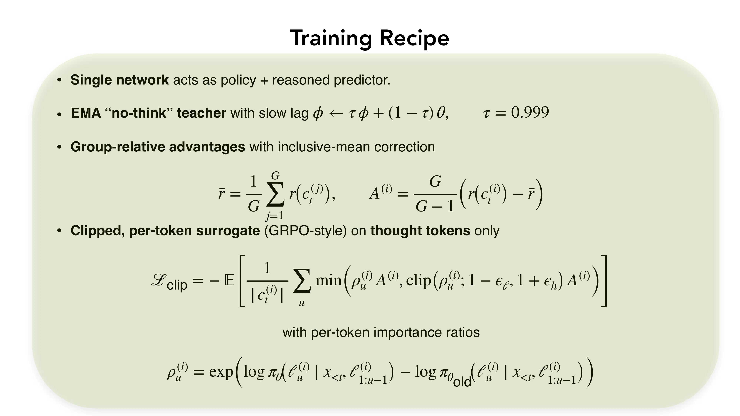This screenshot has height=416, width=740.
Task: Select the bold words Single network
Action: point(120,80)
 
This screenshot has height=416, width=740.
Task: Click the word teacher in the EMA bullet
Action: point(201,113)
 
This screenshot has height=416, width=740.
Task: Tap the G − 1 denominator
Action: point(435,206)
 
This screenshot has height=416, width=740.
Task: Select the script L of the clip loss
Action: point(158,280)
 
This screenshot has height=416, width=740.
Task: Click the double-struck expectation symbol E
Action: point(229,280)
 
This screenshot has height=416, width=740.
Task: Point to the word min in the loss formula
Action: point(328,280)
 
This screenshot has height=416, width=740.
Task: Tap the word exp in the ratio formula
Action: point(221,372)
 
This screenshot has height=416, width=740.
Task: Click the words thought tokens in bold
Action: point(420,231)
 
